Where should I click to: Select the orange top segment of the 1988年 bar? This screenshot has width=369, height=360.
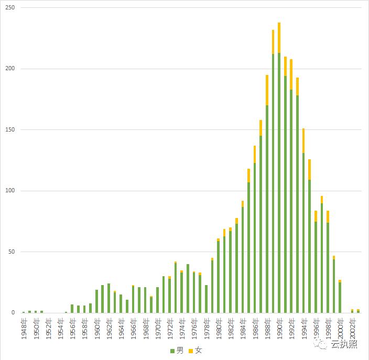(x=267, y=90)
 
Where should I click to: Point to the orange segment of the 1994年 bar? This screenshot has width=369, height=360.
(x=303, y=140)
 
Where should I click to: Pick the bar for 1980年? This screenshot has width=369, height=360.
(x=218, y=277)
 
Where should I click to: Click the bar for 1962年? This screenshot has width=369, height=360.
(x=108, y=298)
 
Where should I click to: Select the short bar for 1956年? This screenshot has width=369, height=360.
(x=72, y=309)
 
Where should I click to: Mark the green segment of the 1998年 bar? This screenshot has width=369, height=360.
(x=328, y=267)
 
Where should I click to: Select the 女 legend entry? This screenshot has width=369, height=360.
(x=196, y=350)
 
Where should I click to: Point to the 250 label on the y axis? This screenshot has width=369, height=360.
(x=9, y=8)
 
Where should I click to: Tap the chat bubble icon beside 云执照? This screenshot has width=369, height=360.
(x=321, y=344)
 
